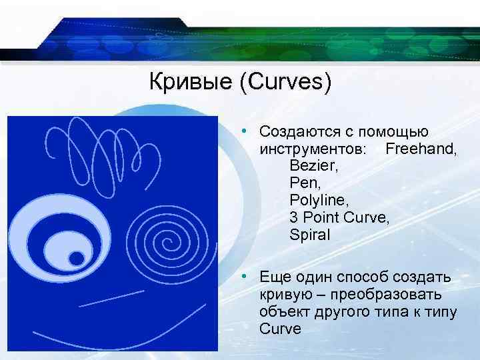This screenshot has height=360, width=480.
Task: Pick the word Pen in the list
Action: coord(302,182)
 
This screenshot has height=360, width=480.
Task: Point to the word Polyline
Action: coord(316,199)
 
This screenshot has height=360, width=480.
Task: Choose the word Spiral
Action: coord(310,235)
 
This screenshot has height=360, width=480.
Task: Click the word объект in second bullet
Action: coord(285,311)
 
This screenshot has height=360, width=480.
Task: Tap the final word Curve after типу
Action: coord(281,329)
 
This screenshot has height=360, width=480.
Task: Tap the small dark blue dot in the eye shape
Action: coord(77,257)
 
